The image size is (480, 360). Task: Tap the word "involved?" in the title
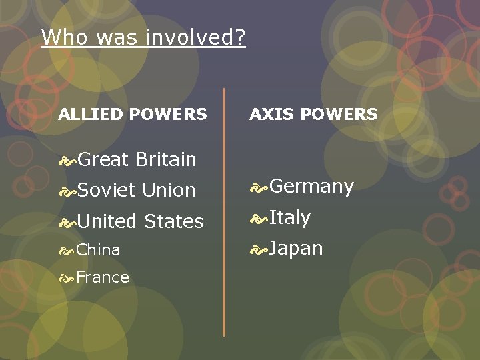click(x=203, y=37)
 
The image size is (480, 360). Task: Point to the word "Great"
click(x=103, y=159)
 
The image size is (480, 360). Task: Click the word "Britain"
click(x=166, y=159)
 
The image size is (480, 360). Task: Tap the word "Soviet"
click(x=107, y=190)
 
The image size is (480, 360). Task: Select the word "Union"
click(x=169, y=190)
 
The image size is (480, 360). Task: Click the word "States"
click(x=174, y=221)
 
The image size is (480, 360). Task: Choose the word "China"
click(x=98, y=250)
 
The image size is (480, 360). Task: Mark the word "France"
click(x=103, y=277)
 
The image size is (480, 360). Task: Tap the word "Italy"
click(x=290, y=217)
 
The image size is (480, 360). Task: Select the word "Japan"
click(x=296, y=249)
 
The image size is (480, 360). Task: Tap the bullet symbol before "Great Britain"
click(x=67, y=160)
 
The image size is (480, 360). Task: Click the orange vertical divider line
click(x=224, y=213)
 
